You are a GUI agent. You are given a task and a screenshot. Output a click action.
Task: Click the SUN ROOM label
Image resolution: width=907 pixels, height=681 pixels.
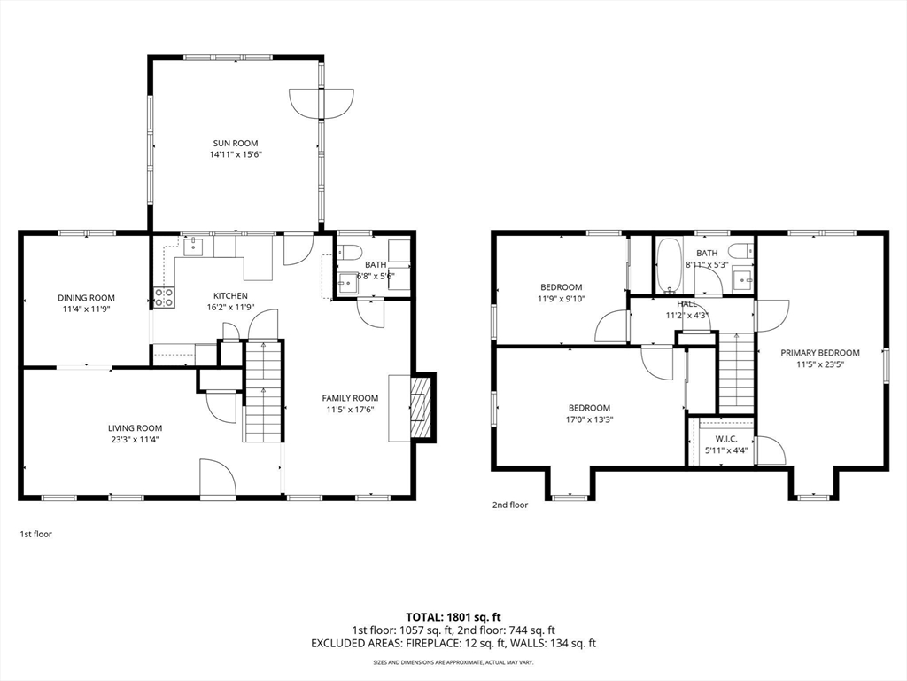click(x=236, y=143)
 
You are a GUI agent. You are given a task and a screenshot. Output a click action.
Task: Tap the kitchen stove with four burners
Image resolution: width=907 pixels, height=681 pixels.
click(x=164, y=297)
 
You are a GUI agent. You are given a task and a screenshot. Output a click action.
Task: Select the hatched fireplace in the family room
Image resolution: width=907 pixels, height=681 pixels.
click(x=421, y=408)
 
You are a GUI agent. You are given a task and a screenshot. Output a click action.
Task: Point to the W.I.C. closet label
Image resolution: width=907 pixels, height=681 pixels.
click(x=726, y=439)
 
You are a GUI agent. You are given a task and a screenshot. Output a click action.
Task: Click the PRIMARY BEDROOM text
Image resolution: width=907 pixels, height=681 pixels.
click(x=819, y=353)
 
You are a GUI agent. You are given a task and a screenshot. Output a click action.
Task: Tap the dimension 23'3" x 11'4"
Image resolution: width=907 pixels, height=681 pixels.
click(x=135, y=440)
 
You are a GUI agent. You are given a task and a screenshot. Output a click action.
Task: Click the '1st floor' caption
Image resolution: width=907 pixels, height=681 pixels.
click(x=35, y=534)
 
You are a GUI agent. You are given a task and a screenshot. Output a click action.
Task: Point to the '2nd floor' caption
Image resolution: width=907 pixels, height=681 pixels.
click(x=510, y=505)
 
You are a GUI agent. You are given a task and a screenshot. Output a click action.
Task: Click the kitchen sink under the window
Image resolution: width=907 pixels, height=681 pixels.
click(x=193, y=247)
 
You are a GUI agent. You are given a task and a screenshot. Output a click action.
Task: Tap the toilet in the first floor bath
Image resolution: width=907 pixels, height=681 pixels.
click(x=349, y=253)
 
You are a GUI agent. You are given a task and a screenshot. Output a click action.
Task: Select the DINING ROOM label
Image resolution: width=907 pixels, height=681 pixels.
click(x=86, y=298)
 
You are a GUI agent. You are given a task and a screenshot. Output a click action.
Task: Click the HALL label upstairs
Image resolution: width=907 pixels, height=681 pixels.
click(x=687, y=304)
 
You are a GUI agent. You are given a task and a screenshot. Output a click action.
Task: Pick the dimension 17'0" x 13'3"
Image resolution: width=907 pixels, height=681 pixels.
click(x=589, y=419)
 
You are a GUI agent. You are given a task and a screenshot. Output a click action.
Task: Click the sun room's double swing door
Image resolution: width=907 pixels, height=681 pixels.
click(x=322, y=103)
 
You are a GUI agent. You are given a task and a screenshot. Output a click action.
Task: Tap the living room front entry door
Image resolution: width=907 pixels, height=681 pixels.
click(x=218, y=477)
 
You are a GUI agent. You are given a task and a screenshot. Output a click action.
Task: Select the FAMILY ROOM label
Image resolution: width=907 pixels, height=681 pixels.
click(x=350, y=398)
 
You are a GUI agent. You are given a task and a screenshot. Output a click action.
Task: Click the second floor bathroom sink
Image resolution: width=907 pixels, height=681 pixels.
click(x=743, y=279)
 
